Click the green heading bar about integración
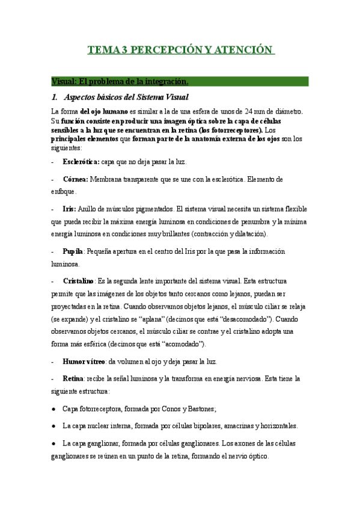pyautogui.click(x=180, y=81)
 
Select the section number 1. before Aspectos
pyautogui.click(x=55, y=97)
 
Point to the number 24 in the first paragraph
pyautogui.click(x=251, y=111)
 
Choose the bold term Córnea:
pyautogui.click(x=76, y=179)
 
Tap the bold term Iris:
pyautogui.click(x=69, y=209)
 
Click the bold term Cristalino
pyautogui.click(x=79, y=281)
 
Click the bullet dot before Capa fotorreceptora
pyautogui.click(x=54, y=409)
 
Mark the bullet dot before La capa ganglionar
pyautogui.click(x=54, y=443)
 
